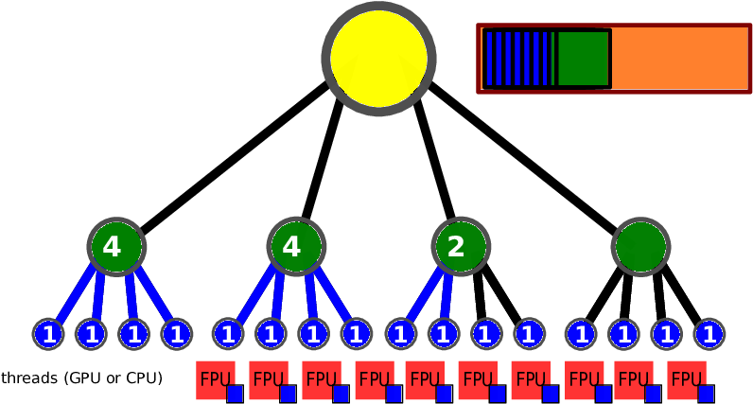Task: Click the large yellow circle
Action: (x=378, y=59)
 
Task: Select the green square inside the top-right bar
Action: (x=583, y=59)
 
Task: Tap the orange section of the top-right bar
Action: (x=679, y=59)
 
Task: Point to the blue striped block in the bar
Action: (x=517, y=59)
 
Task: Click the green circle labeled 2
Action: (x=461, y=247)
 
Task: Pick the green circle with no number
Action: (x=640, y=247)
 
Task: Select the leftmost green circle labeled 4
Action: (x=116, y=247)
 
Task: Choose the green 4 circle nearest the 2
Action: (x=296, y=247)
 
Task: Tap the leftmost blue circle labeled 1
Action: (x=48, y=334)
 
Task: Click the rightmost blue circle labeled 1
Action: (x=709, y=334)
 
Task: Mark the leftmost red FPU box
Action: (x=215, y=379)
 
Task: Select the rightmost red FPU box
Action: (x=686, y=379)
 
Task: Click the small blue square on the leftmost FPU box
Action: (x=235, y=394)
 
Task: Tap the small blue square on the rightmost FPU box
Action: (x=706, y=394)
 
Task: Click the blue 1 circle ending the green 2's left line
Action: (x=401, y=334)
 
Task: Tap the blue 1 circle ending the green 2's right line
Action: (x=444, y=334)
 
